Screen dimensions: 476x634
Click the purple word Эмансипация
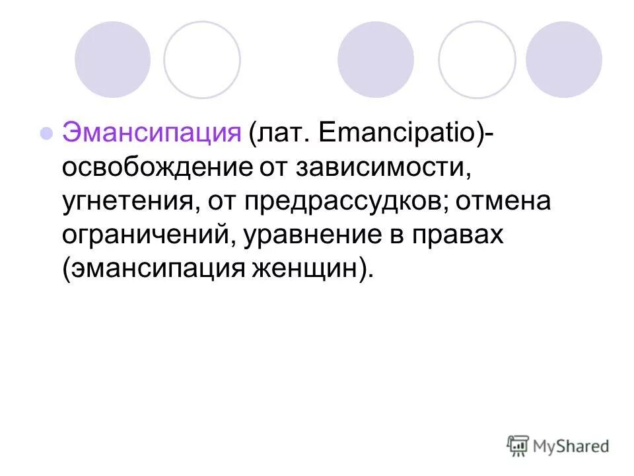[152, 133]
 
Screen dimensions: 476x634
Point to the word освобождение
[156, 167]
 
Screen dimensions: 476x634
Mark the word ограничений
[145, 236]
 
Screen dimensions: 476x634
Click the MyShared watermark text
[572, 446]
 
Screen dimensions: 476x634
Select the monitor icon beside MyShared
[518, 446]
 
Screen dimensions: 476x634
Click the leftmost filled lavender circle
[112, 59]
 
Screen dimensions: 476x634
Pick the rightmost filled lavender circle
[564, 59]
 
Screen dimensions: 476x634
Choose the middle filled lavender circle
[376, 59]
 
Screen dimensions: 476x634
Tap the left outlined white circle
[202, 59]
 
